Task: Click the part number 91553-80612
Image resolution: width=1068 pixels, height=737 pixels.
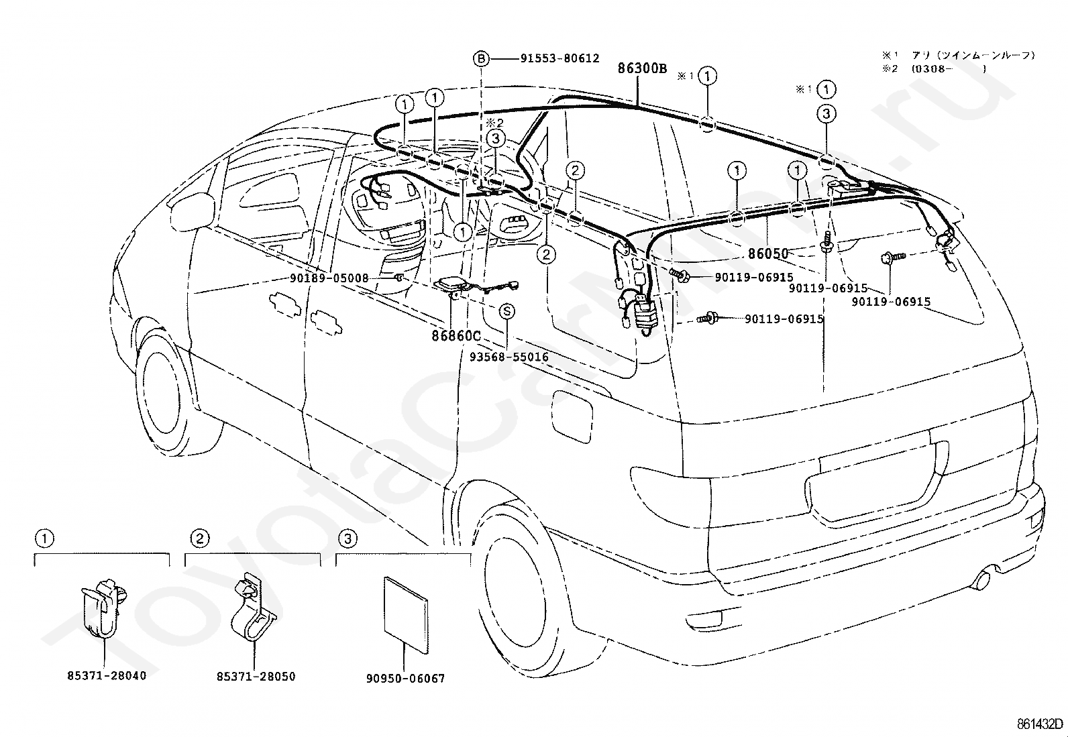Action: click(x=559, y=59)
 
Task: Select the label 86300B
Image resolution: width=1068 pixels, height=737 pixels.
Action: click(x=642, y=68)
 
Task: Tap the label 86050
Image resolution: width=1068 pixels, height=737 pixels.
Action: click(x=768, y=254)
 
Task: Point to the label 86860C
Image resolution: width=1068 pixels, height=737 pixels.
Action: click(x=456, y=335)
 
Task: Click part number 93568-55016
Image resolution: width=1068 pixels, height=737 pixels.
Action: click(x=509, y=357)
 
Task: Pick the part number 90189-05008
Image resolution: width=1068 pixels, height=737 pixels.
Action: click(x=329, y=278)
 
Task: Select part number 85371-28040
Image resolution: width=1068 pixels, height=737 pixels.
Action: click(x=106, y=675)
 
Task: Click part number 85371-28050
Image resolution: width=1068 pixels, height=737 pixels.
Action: click(x=256, y=677)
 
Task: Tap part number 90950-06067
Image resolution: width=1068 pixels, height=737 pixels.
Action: click(x=405, y=679)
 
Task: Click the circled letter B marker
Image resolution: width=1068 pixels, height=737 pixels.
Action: click(x=482, y=59)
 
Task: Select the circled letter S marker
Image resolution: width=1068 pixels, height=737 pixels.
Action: click(x=508, y=311)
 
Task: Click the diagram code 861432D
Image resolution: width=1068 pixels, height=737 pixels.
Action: click(x=1040, y=724)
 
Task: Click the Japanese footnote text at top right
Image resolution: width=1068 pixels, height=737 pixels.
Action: click(x=959, y=61)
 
